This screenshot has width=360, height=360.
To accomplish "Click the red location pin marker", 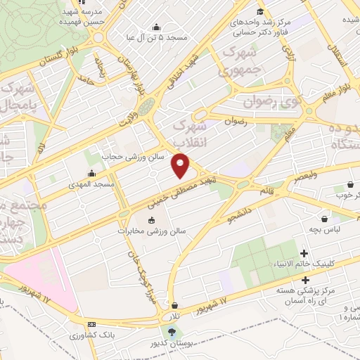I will [x=181, y=166].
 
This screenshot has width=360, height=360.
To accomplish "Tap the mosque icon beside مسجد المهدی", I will [x=91, y=174].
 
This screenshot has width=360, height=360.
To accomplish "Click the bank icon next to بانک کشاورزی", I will [x=92, y=324].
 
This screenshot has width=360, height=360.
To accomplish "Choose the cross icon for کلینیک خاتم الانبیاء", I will [x=304, y=253].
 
